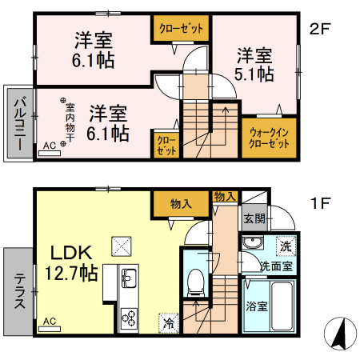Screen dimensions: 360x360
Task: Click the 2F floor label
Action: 320,30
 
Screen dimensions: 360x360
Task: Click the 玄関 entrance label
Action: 254,218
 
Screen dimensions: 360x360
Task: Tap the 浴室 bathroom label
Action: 256,305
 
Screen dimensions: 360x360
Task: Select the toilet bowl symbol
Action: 194,280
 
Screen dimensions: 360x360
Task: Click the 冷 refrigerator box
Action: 169,323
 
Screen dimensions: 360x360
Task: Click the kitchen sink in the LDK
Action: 129,280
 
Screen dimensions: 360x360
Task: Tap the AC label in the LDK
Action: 49,322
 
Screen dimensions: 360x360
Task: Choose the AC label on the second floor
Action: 49,146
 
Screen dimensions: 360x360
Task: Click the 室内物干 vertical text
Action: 70,122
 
